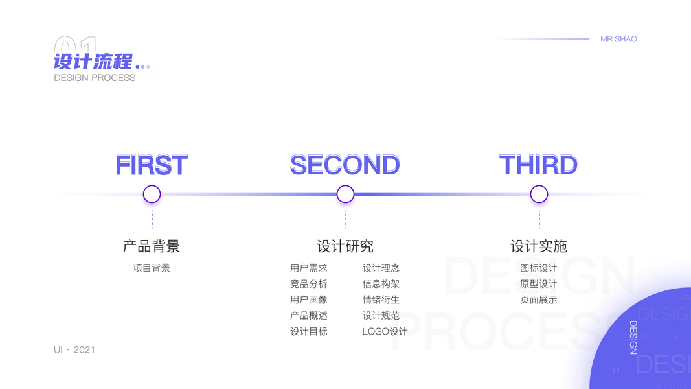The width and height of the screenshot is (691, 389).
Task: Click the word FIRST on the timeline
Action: [152, 165]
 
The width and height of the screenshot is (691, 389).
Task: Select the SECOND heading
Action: [345, 165]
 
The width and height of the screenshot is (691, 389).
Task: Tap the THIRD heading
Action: [538, 165]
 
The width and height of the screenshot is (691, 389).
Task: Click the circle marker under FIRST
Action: [152, 194]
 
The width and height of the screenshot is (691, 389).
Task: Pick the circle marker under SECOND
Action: [345, 194]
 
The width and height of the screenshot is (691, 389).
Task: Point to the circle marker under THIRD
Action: [539, 194]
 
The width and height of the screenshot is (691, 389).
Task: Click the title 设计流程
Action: [93, 62]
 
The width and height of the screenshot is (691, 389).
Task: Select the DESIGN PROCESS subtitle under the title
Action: [95, 78]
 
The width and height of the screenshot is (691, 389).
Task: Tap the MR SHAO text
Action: [618, 39]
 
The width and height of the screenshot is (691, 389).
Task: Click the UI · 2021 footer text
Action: [74, 349]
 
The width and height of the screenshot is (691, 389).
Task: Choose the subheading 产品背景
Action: [152, 246]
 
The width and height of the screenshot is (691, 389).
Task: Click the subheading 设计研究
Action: [345, 246]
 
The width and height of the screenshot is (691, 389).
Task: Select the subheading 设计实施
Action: [539, 246]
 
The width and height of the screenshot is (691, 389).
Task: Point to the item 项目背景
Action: [152, 268]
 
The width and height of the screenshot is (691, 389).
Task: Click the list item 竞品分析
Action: [309, 284]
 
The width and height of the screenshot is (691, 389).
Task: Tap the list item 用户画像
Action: [309, 300]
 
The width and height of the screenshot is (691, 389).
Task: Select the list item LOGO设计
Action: [385, 331]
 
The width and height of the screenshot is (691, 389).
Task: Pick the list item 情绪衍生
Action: [381, 300]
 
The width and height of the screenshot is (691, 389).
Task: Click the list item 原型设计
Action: [539, 284]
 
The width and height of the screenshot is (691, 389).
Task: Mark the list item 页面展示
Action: [539, 300]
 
